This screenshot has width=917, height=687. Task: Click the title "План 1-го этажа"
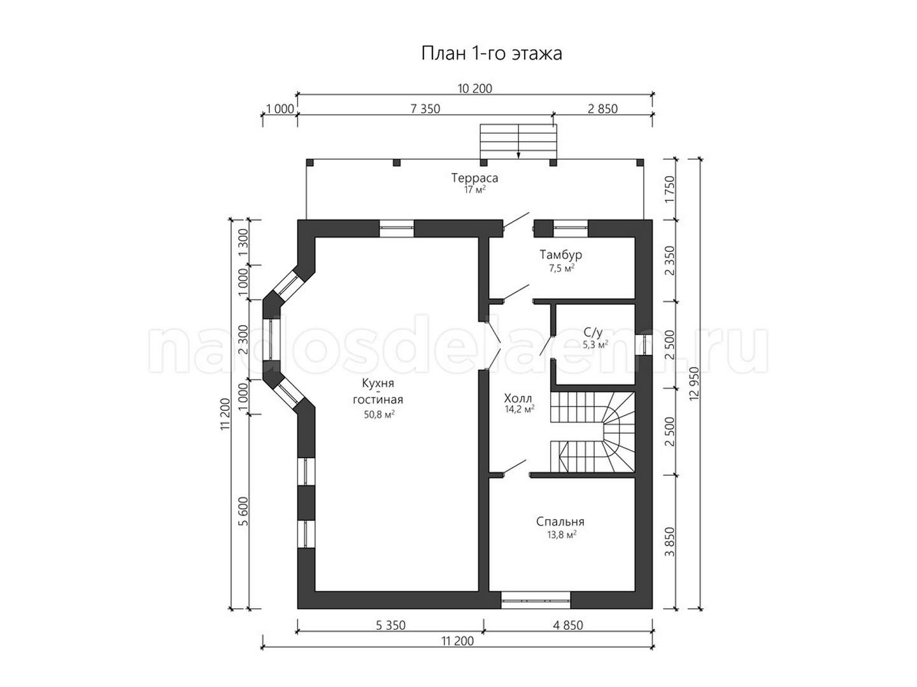(491, 54)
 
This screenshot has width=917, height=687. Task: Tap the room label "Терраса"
(474, 178)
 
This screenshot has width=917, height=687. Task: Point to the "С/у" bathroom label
(593, 333)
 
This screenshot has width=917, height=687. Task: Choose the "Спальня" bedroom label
(560, 522)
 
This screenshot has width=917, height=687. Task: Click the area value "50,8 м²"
(380, 415)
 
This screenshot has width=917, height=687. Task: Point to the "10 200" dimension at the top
(475, 88)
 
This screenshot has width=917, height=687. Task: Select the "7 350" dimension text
(425, 109)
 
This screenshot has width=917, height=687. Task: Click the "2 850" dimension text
(602, 109)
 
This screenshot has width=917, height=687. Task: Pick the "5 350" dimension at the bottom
(390, 625)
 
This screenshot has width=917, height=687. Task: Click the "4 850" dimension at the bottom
(568, 625)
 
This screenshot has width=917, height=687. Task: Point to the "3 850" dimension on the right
(671, 542)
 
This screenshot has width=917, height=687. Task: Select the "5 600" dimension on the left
(245, 512)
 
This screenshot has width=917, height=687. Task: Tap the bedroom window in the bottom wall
(536, 601)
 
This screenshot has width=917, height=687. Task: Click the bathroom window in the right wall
(643, 345)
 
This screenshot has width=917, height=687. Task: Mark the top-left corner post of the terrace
(309, 163)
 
